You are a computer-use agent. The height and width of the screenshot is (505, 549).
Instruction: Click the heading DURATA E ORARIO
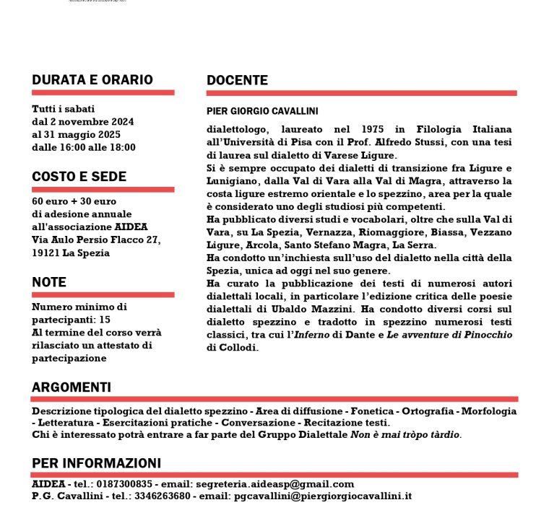(92, 80)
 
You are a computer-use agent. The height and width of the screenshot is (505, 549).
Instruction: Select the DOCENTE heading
(237, 80)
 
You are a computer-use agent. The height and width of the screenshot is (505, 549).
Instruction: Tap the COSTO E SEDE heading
(79, 177)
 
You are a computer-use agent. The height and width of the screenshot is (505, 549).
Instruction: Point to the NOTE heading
(49, 282)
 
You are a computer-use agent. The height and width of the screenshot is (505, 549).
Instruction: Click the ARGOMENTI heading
(72, 387)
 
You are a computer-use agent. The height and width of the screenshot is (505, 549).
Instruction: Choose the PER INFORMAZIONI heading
(96, 463)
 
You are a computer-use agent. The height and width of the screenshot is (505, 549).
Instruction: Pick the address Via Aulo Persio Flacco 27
(96, 240)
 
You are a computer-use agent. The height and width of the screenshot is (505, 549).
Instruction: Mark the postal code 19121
(46, 252)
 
